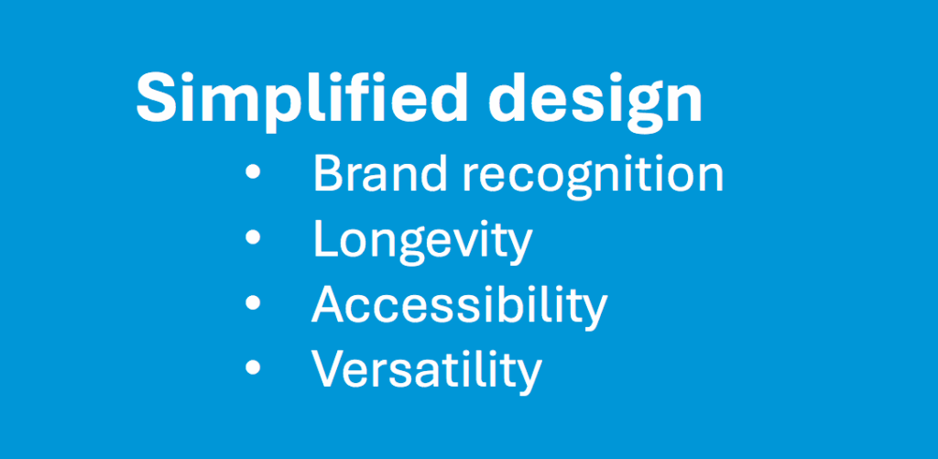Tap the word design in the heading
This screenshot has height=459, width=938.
(594, 101)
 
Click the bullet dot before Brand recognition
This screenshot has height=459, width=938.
(253, 172)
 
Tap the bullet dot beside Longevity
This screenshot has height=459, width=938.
(253, 237)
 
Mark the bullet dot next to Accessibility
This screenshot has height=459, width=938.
(253, 302)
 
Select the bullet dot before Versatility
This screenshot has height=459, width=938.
(253, 366)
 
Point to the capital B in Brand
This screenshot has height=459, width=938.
(328, 173)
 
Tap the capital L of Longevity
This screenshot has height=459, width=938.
(325, 238)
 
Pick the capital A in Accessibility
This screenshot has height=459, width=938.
(329, 303)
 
